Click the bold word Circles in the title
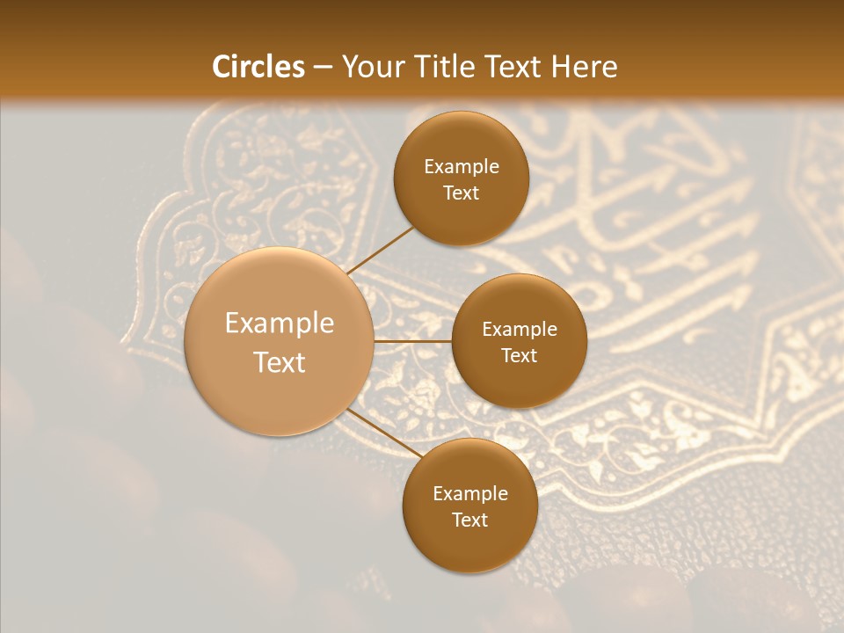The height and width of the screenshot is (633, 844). point(258,67)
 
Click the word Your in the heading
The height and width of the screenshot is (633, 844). point(373,67)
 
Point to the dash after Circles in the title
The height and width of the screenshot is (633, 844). point(323,68)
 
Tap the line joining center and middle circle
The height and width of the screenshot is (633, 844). point(413,341)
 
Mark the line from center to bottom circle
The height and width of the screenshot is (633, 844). point(382,433)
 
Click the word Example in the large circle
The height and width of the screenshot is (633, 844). point(280,324)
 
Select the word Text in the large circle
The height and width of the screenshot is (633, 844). point(280,362)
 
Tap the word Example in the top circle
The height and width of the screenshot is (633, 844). point(462,167)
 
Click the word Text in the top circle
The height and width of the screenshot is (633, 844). point(462,193)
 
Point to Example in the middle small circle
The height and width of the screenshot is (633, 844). point(520,330)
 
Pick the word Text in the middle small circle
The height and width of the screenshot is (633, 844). point(520,356)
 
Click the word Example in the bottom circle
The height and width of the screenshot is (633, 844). point(470,494)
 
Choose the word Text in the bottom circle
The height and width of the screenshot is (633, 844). point(470,520)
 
